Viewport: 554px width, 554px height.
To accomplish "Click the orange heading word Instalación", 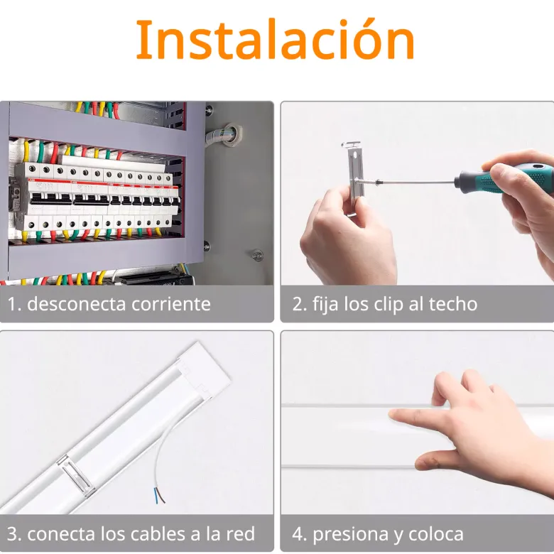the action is (x=276, y=40).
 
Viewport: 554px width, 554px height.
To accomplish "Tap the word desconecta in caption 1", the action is (x=73, y=304).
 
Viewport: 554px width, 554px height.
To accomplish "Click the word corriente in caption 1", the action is (x=167, y=304).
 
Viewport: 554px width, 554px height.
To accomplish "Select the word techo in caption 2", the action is (x=453, y=304).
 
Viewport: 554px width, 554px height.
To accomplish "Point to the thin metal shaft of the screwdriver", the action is (x=417, y=183).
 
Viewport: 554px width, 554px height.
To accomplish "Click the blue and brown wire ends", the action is (x=159, y=494).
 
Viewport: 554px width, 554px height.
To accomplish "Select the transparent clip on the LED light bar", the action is (x=76, y=474).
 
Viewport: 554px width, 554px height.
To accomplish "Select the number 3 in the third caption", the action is (x=12, y=533).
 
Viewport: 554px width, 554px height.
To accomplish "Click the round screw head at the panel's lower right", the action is (x=258, y=255).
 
